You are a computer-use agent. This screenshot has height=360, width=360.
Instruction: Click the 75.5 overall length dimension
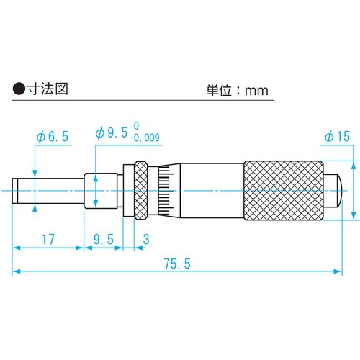point(177,264)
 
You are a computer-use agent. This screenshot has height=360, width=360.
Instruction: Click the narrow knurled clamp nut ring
point(140,189)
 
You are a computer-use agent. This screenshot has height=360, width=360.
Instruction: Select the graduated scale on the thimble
point(165,189)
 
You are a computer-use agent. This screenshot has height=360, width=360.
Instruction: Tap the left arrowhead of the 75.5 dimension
point(16,272)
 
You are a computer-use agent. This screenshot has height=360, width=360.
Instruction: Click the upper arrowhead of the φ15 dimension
point(354,165)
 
